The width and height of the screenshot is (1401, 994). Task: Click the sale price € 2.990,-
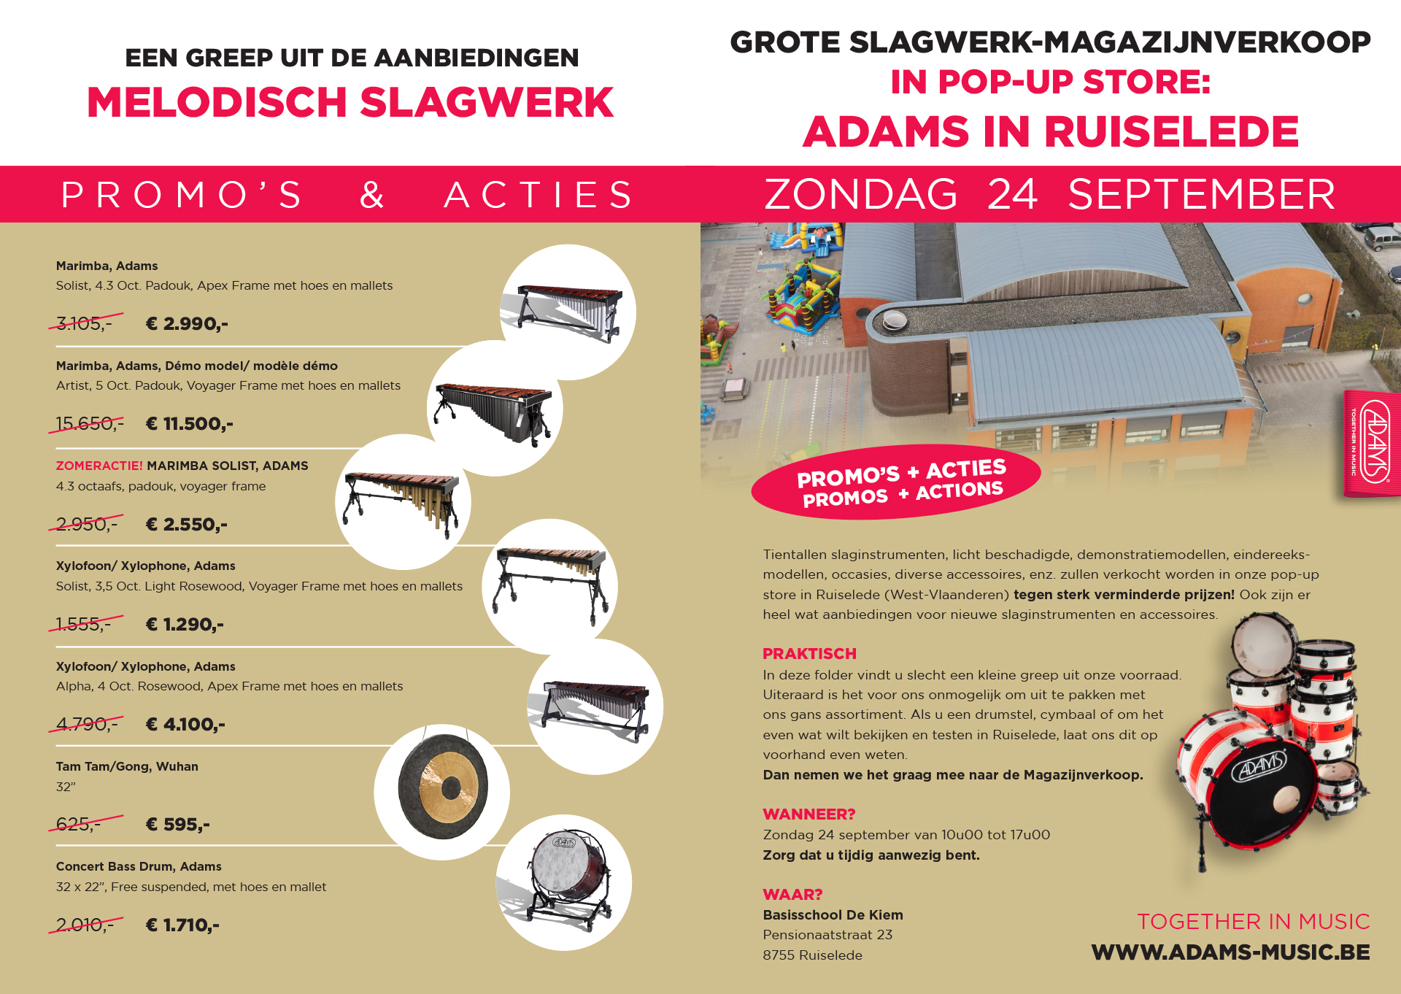(187, 323)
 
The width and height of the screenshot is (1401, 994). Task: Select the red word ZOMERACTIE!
(99, 466)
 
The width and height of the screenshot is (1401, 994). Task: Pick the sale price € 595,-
(178, 824)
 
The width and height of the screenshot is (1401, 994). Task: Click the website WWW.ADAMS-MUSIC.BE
(1230, 952)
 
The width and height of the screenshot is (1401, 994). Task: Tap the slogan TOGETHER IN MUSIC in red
(1253, 922)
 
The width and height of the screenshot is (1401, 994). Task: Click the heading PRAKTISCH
(809, 654)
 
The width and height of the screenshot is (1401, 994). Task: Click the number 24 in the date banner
(1012, 194)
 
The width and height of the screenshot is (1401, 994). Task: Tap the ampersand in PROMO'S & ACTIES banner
(372, 195)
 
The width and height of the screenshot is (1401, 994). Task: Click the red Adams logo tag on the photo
(1373, 444)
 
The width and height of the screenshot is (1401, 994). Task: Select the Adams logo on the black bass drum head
(1260, 767)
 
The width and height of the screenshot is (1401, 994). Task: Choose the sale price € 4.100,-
(185, 724)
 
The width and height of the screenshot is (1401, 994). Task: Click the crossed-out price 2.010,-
(85, 925)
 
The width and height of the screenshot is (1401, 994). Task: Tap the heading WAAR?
(792, 895)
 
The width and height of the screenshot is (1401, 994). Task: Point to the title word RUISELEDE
(1171, 132)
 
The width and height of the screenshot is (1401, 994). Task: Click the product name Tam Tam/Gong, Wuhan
(127, 766)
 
